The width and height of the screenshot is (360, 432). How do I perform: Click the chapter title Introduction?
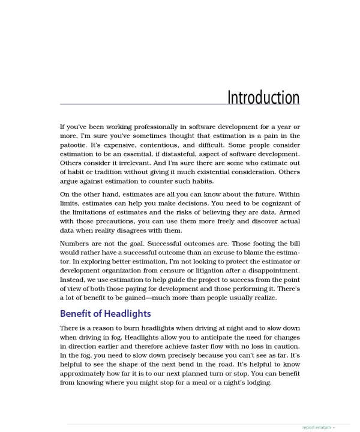[263, 97]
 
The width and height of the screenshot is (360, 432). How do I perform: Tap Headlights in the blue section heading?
[128, 314]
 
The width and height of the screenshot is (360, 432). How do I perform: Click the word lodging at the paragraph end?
[257, 382]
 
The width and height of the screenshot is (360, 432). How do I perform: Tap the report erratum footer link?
[316, 427]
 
